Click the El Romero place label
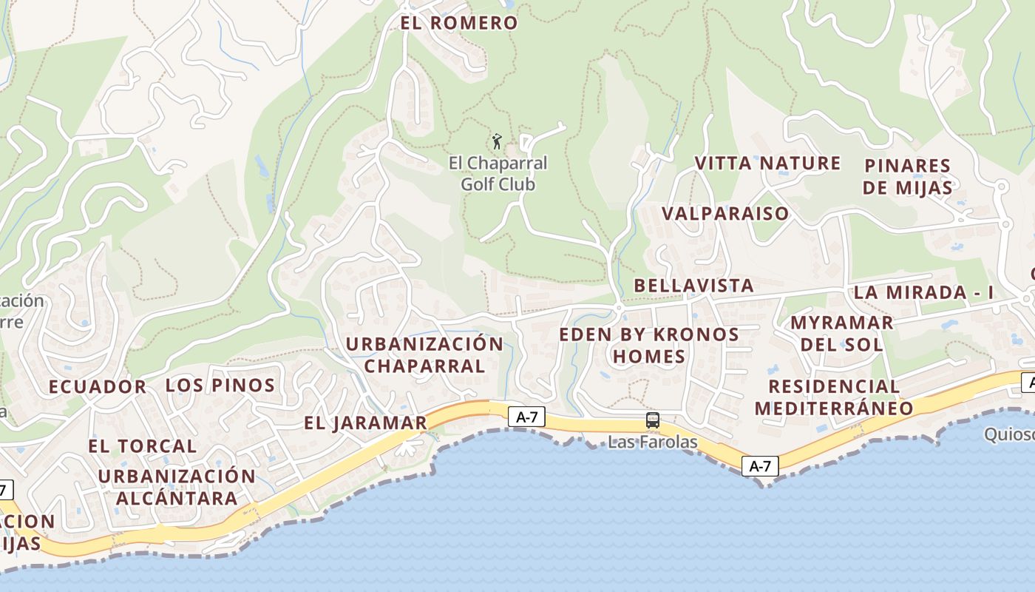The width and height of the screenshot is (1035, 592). [x=459, y=23]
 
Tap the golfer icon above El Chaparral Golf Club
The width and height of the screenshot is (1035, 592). [x=497, y=141]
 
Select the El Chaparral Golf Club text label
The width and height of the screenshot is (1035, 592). [x=498, y=173]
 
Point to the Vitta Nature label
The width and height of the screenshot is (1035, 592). [x=767, y=164]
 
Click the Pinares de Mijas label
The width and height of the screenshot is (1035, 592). [x=907, y=177]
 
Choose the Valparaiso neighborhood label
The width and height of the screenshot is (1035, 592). [x=725, y=214]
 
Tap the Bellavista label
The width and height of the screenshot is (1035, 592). [x=693, y=286]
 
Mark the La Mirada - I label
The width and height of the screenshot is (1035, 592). [x=923, y=292]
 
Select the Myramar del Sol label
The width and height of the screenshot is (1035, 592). [x=841, y=334]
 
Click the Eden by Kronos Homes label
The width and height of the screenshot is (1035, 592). [x=649, y=346]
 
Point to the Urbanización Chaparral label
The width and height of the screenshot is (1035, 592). [x=424, y=354]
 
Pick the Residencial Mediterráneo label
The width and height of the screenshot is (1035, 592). [x=834, y=397]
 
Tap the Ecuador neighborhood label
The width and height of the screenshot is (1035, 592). [x=98, y=387]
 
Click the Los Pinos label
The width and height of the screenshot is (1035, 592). [x=220, y=386]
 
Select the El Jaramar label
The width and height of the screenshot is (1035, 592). [x=365, y=423]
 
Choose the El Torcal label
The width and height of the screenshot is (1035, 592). [x=143, y=446]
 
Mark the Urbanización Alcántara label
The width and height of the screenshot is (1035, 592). [x=177, y=487]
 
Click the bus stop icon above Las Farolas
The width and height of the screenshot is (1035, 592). [x=653, y=420]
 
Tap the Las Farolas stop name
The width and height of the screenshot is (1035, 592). [x=653, y=443]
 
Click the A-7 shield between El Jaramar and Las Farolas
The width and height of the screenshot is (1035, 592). [x=526, y=417]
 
